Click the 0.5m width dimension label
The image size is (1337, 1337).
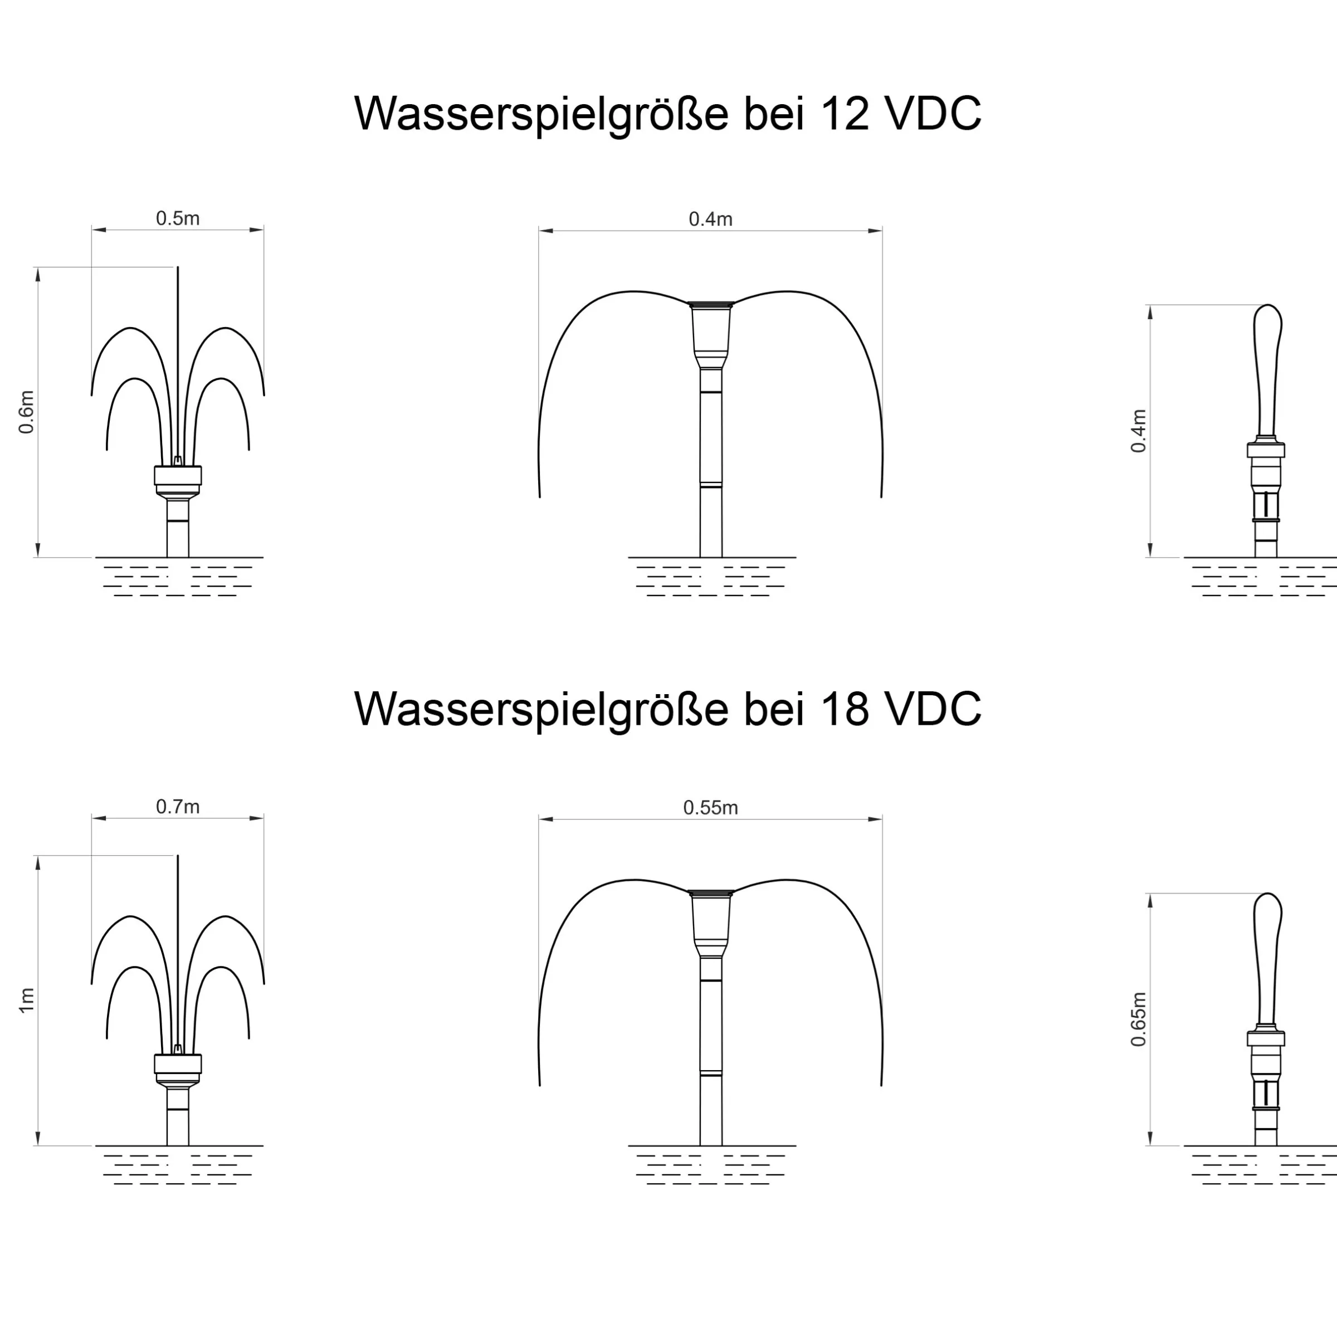pyautogui.click(x=178, y=219)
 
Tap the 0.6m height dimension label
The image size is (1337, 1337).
pyautogui.click(x=26, y=412)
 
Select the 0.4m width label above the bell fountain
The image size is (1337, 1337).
pyautogui.click(x=711, y=219)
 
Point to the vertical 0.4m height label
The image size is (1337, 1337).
pyautogui.click(x=1138, y=431)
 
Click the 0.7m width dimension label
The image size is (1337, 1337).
pyautogui.click(x=178, y=807)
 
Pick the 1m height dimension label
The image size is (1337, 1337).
pyautogui.click(x=26, y=1001)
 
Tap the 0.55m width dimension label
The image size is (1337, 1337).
pyautogui.click(x=711, y=808)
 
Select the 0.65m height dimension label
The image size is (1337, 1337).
pyautogui.click(x=1138, y=1019)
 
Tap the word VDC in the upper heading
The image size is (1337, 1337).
pyautogui.click(x=934, y=113)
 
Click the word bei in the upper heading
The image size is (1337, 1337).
pyautogui.click(x=774, y=113)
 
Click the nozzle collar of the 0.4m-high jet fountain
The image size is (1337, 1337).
pyautogui.click(x=1266, y=450)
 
